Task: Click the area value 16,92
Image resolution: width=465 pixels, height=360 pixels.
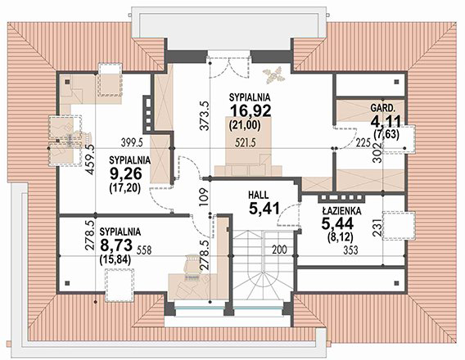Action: [x=251, y=111]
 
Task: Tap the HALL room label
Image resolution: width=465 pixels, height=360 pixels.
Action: [x=259, y=195]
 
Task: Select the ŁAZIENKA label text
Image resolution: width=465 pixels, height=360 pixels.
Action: [x=341, y=211]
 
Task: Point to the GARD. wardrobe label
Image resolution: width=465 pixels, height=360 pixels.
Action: [x=382, y=108]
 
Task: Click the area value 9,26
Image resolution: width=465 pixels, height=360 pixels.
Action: [x=126, y=174]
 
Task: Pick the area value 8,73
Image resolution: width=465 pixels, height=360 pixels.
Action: [x=116, y=245]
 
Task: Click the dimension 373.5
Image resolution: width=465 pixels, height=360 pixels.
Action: [x=205, y=116]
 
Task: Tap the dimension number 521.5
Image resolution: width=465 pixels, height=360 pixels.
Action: [x=246, y=143]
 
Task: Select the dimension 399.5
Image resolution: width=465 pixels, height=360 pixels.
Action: [x=133, y=143]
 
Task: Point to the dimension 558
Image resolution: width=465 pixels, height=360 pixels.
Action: [x=144, y=250]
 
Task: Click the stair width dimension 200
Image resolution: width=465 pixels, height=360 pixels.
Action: [x=279, y=250]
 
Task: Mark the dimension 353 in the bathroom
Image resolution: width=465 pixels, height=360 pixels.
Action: [x=350, y=250]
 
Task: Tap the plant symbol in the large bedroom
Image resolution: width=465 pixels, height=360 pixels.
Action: [x=274, y=74]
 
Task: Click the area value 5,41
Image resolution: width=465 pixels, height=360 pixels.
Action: [x=264, y=209]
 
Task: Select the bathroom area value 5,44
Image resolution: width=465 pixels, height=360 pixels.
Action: [x=337, y=223]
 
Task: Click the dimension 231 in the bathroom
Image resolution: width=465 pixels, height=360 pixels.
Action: [x=377, y=227]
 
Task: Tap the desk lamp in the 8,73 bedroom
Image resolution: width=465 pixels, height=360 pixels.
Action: [x=192, y=263]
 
